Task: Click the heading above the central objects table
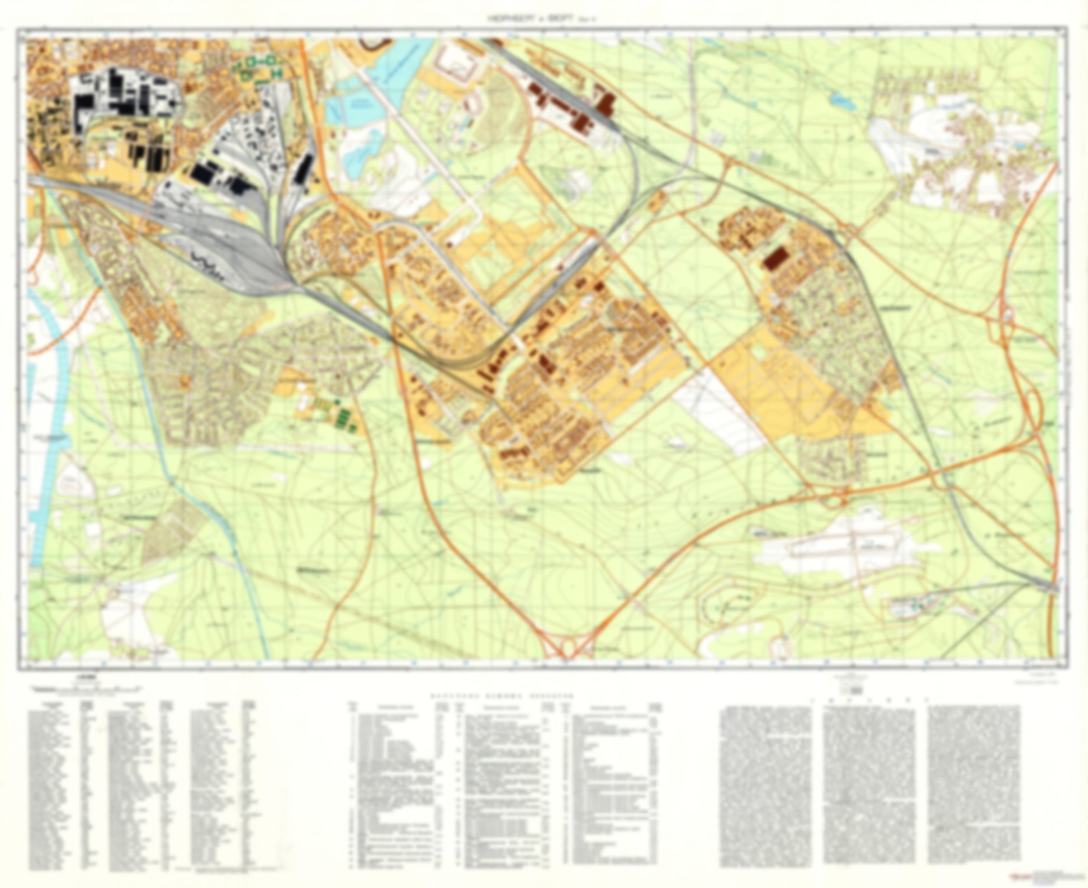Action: [x=502, y=697]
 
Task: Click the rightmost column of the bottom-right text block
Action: [x=973, y=783]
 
